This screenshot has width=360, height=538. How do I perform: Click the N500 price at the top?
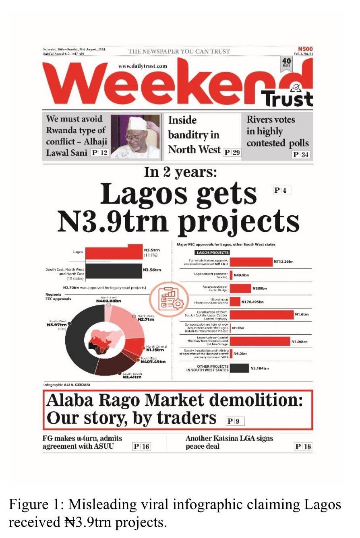[305, 48]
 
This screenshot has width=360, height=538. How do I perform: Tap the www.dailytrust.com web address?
[143, 66]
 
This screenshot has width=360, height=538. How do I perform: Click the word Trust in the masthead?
[287, 98]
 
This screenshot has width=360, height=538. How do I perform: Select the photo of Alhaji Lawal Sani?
[135, 136]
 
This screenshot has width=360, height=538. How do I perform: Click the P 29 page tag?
[232, 152]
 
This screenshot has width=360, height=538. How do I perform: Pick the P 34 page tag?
[301, 155]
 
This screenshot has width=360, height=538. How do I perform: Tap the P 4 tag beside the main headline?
[282, 190]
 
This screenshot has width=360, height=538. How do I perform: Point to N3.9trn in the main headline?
[112, 221]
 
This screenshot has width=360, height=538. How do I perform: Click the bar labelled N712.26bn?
[251, 262]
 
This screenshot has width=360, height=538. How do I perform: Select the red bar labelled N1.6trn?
[262, 315]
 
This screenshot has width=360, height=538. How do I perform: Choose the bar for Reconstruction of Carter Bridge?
[240, 288]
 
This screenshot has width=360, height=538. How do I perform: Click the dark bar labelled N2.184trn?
[239, 368]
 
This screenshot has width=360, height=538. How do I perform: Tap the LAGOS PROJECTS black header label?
[212, 253]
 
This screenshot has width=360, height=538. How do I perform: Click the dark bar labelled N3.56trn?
[114, 270]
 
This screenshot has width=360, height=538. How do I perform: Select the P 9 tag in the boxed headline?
[235, 421]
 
